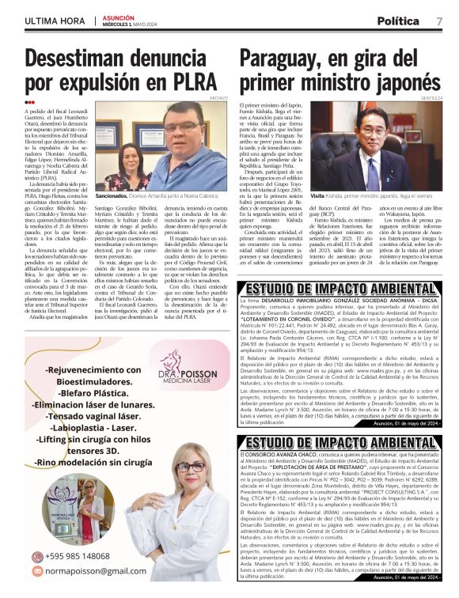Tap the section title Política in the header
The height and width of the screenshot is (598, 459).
[x=399, y=21]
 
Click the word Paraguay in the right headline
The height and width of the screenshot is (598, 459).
[x=279, y=57]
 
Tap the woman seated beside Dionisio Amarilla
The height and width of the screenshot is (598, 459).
[x=130, y=159]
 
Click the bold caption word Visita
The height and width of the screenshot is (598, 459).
[x=318, y=195]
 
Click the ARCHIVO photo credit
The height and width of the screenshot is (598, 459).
[x=218, y=98]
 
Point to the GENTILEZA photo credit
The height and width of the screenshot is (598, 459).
[x=432, y=98]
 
